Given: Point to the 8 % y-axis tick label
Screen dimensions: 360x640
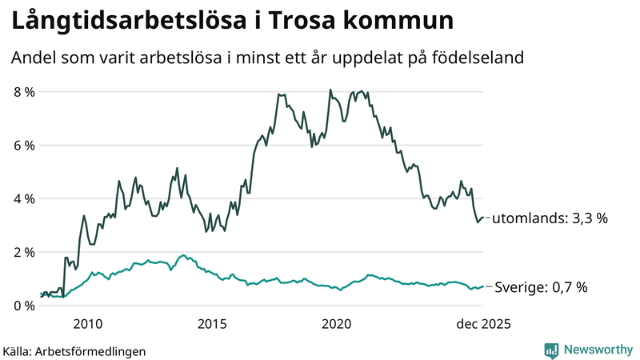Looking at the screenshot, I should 24,92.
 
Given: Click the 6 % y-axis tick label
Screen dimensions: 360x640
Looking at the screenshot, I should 24,146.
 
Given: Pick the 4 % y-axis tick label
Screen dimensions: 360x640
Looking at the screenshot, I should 24,198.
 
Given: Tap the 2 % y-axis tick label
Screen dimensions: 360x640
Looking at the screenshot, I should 24,252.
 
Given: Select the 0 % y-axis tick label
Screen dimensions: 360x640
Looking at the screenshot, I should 24,306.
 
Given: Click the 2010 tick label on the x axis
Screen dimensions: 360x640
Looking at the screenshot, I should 87,324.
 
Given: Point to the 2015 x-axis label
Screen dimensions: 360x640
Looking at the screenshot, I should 212,324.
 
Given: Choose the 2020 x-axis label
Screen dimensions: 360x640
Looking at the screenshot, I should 337,324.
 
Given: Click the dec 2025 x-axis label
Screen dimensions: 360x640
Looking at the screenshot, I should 482,324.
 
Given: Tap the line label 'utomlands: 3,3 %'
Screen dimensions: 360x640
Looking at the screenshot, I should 545,218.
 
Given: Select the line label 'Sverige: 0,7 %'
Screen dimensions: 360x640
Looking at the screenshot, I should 542,287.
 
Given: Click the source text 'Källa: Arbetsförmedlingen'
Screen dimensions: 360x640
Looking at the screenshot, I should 74,350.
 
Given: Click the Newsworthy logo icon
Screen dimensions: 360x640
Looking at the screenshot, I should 551,350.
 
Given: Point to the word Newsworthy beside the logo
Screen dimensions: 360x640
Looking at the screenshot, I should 597,350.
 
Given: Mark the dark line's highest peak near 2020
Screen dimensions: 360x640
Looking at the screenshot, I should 330,90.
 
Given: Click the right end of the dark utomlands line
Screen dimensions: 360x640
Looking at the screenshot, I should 484,217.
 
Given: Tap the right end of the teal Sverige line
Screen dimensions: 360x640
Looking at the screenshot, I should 484,286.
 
